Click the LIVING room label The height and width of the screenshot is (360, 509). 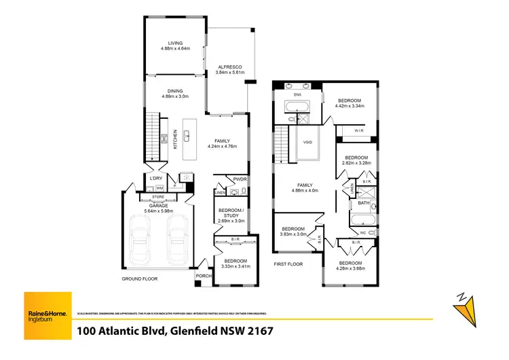(176, 43)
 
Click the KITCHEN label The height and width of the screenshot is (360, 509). (175, 140)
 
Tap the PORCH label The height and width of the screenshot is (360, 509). (202, 276)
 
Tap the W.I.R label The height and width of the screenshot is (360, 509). (359, 130)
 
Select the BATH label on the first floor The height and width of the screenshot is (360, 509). (364, 203)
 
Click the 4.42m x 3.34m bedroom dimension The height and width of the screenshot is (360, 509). (350, 106)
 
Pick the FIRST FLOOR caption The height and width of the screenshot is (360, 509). (288, 264)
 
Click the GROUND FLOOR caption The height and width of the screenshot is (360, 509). (141, 279)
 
